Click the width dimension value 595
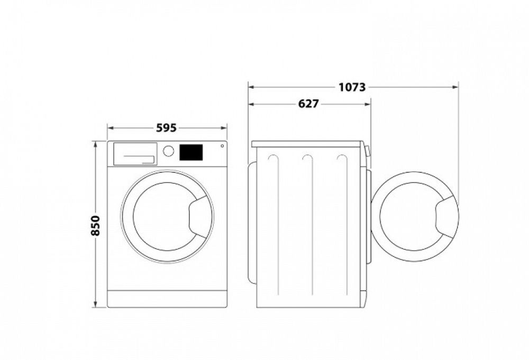point(167,128)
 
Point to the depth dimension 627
point(308,104)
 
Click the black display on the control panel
point(191,152)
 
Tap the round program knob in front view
point(168,151)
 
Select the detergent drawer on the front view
point(135,153)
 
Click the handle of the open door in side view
point(446,217)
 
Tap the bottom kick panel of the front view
point(167,299)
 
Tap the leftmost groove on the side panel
point(273,227)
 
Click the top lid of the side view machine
point(307,144)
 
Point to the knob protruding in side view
point(368,151)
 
